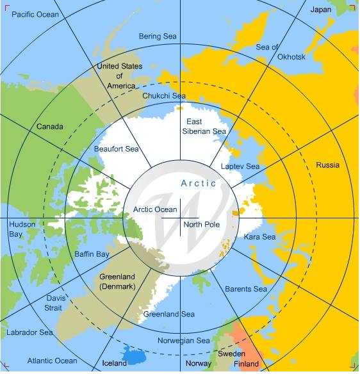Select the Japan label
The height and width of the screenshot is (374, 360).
click(x=321, y=10)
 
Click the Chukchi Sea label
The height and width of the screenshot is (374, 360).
click(x=163, y=95)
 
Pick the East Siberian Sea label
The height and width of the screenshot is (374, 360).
click(x=206, y=126)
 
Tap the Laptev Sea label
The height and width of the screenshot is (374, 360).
click(x=240, y=167)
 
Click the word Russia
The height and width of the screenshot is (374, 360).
click(x=327, y=165)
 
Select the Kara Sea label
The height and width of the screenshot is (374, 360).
click(x=259, y=237)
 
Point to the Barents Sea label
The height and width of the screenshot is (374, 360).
click(x=245, y=289)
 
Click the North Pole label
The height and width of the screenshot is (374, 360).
click(x=201, y=225)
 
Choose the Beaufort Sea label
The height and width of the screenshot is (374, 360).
click(x=116, y=149)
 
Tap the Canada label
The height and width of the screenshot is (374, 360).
click(x=49, y=127)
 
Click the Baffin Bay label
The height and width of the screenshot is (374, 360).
click(x=92, y=254)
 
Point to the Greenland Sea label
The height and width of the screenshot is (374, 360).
click(x=169, y=314)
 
